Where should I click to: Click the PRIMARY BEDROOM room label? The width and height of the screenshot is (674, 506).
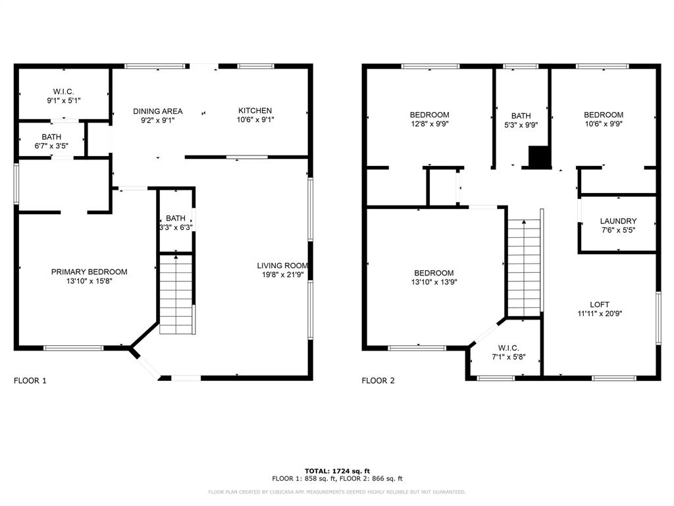[x=89, y=272]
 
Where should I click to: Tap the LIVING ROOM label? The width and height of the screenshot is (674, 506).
[x=282, y=266]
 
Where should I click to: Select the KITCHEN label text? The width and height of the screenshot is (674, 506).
[x=255, y=111]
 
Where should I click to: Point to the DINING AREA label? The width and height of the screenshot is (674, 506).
[x=158, y=111]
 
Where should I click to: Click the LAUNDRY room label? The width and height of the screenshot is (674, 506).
[x=618, y=221]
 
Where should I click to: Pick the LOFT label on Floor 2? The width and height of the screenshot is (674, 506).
[x=600, y=304]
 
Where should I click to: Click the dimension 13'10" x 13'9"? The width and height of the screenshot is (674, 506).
[x=434, y=282]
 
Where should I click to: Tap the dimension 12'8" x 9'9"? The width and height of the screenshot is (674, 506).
[x=429, y=124]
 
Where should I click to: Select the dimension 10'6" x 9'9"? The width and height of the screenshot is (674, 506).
[x=604, y=124]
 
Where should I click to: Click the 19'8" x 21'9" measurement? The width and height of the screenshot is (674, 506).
[x=282, y=275]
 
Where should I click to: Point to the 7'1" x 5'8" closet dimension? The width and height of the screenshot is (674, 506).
[x=509, y=356]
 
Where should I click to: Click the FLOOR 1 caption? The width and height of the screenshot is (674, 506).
[x=30, y=380]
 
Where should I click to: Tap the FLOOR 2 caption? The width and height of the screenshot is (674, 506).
[x=378, y=380]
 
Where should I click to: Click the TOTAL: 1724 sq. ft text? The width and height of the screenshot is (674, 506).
[x=337, y=470]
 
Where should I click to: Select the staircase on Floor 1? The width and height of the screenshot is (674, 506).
[x=176, y=295]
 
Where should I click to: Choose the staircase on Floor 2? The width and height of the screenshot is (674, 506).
[x=523, y=268]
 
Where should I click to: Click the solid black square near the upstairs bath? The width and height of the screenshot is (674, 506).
[x=539, y=157]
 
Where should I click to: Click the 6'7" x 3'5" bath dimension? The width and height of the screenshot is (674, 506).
[x=51, y=146]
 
